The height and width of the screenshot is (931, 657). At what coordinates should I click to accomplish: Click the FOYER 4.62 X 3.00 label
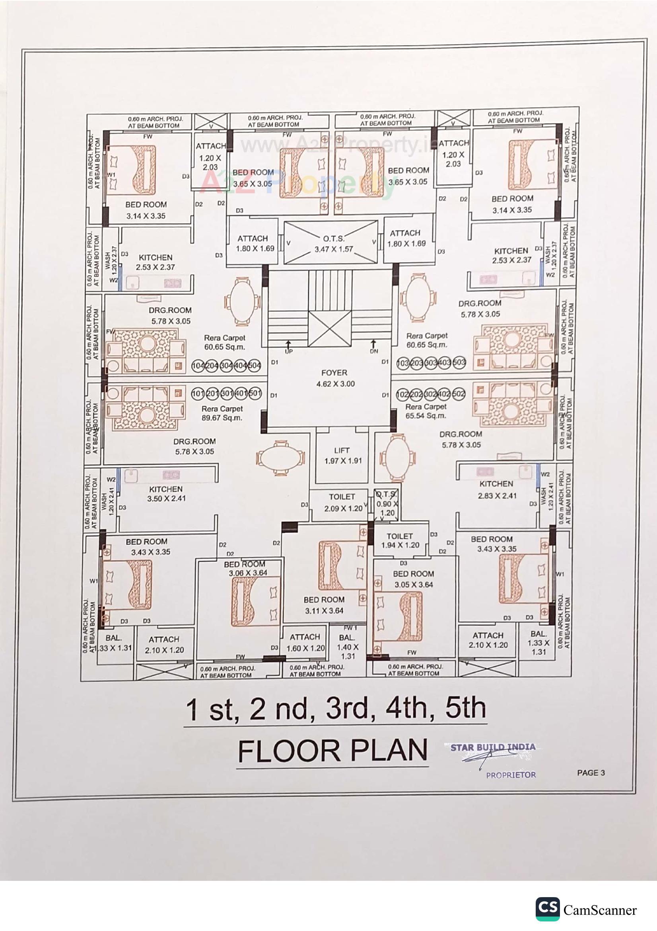[335, 378]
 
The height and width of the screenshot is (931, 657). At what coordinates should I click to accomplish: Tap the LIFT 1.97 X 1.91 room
[342, 456]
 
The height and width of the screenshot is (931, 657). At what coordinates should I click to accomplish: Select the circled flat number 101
[198, 393]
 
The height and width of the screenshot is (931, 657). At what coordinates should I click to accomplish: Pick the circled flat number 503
[459, 362]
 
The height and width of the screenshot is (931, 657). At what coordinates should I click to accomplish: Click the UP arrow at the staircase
[288, 346]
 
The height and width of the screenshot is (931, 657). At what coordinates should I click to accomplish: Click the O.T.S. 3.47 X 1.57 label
[334, 244]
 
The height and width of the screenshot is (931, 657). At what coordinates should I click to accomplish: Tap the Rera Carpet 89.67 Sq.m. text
[222, 413]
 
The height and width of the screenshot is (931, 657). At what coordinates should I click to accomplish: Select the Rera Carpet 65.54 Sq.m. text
[426, 411]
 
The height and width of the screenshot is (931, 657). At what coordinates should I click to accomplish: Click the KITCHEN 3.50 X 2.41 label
[166, 493]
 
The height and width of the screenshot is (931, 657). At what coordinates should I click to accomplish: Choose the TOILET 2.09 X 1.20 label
[343, 503]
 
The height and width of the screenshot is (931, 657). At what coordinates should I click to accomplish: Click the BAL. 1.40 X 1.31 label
[347, 647]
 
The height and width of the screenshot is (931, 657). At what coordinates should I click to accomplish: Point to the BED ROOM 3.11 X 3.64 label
[324, 604]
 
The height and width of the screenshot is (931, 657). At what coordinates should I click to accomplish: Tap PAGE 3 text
[591, 773]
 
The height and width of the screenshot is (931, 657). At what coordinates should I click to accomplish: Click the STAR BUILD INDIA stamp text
[492, 747]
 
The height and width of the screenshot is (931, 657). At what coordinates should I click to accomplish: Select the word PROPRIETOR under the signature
[511, 775]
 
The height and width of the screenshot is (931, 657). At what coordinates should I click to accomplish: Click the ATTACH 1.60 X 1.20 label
[305, 643]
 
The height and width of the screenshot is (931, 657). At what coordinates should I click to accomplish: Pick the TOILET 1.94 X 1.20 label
[400, 540]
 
